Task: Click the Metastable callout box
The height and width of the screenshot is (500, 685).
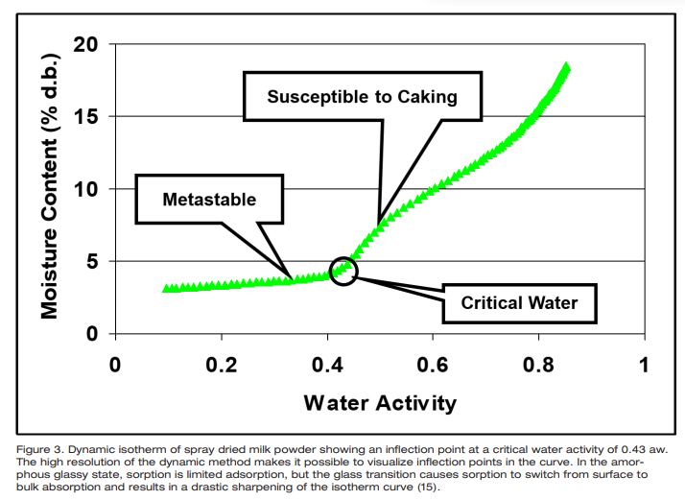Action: click(x=209, y=200)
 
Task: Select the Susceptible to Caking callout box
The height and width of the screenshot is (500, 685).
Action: click(x=362, y=96)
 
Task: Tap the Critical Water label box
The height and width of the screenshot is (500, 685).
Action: click(x=519, y=302)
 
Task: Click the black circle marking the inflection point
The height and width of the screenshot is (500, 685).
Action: click(x=342, y=272)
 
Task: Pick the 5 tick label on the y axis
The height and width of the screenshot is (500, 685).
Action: click(x=92, y=262)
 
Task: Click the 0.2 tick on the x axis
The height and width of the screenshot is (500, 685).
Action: click(x=221, y=365)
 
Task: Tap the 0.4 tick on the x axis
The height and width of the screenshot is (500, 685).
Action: click(x=327, y=365)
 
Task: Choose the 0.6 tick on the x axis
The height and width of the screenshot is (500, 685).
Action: click(x=433, y=365)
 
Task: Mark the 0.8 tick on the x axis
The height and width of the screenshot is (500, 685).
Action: click(x=538, y=365)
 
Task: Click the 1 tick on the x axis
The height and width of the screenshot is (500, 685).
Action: click(x=644, y=365)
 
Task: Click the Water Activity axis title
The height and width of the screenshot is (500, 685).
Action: click(x=380, y=402)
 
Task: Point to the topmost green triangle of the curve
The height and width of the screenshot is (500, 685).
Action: click(x=566, y=67)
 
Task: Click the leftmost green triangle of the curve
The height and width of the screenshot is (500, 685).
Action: click(x=167, y=288)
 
